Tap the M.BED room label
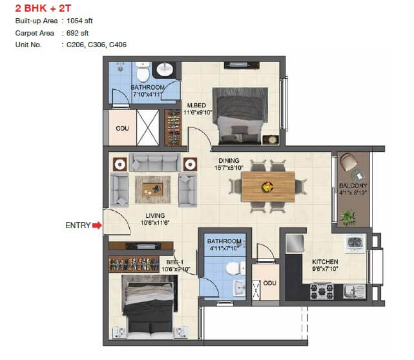[x=197, y=105]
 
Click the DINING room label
[x=229, y=161]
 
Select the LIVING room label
[x=155, y=215]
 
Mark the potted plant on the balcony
[x=349, y=215]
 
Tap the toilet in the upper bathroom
[x=144, y=69]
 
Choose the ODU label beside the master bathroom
[x=121, y=128]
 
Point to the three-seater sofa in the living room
[x=154, y=162]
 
